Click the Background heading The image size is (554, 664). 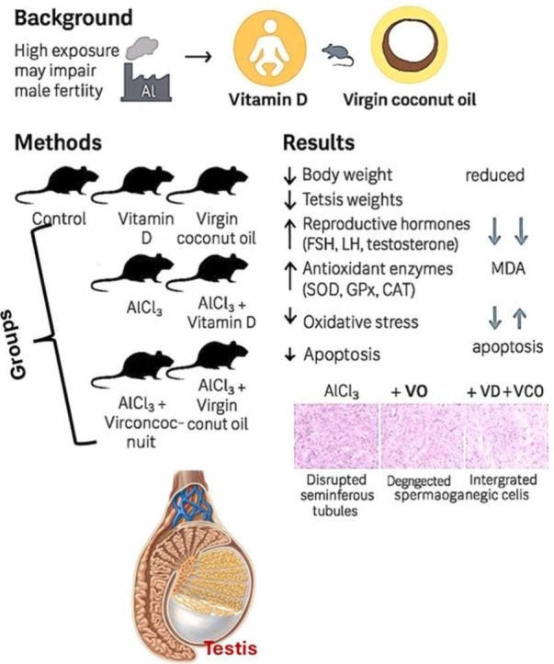[73, 17]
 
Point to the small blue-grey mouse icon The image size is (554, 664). [337, 54]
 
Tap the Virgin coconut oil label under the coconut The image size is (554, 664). [409, 100]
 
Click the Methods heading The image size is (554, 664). [58, 142]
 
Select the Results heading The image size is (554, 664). [319, 142]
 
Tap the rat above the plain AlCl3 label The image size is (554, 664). [132, 273]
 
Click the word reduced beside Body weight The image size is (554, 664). [494, 174]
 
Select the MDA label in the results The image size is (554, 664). [508, 268]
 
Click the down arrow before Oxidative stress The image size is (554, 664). [290, 316]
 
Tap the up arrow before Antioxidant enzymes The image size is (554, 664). [290, 276]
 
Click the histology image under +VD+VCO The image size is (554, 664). [507, 435]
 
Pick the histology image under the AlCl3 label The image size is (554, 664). [336, 435]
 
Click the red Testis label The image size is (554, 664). [231, 648]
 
